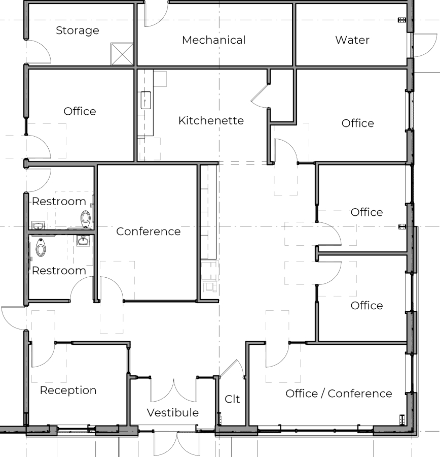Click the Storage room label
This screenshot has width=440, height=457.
tap(78, 30)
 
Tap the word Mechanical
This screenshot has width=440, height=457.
tap(214, 40)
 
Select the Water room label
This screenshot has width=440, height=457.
tap(352, 40)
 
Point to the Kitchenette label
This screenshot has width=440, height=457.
tap(211, 121)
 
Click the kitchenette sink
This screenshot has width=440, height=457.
tap(146, 100)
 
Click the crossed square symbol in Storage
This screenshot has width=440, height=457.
tap(122, 54)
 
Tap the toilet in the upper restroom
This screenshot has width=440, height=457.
tap(86, 218)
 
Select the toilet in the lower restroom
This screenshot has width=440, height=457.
tap(41, 247)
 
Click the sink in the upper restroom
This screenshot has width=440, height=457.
tap(38, 225)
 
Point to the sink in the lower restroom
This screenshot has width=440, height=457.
tap(83, 241)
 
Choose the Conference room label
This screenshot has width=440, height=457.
tap(149, 232)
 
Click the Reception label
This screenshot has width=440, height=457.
tap(68, 390)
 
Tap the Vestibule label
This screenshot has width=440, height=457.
tap(173, 413)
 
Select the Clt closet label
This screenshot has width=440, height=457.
tap(232, 399)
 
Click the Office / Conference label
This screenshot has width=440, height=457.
tap(339, 394)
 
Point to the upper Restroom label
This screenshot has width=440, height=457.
tap(59, 202)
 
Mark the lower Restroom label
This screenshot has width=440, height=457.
tap(59, 271)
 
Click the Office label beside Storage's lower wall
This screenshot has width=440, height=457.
tap(80, 111)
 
